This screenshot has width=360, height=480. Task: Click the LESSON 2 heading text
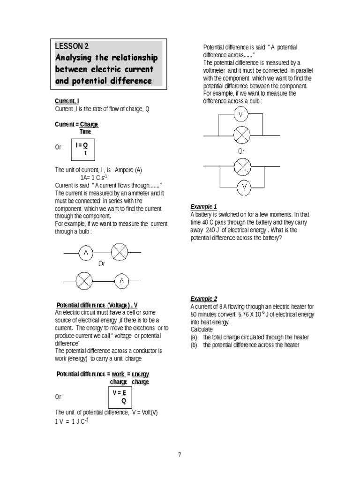[72, 46]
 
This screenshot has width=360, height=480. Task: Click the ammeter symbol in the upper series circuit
[86, 253]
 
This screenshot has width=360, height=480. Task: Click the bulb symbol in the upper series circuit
[119, 253]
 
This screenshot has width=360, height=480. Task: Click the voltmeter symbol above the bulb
[241, 114]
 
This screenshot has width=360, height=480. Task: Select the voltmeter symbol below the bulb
[244, 187]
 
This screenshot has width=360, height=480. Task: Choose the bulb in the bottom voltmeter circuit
[242, 166]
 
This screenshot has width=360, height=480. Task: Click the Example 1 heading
[203, 207]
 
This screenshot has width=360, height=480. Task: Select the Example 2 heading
[203, 299]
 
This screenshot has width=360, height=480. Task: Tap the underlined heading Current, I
[67, 101]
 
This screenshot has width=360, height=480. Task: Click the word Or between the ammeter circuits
[102, 264]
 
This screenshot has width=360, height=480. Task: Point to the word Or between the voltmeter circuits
[241, 151]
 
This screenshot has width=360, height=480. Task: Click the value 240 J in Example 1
[213, 230]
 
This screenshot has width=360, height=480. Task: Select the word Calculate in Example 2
[202, 330]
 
